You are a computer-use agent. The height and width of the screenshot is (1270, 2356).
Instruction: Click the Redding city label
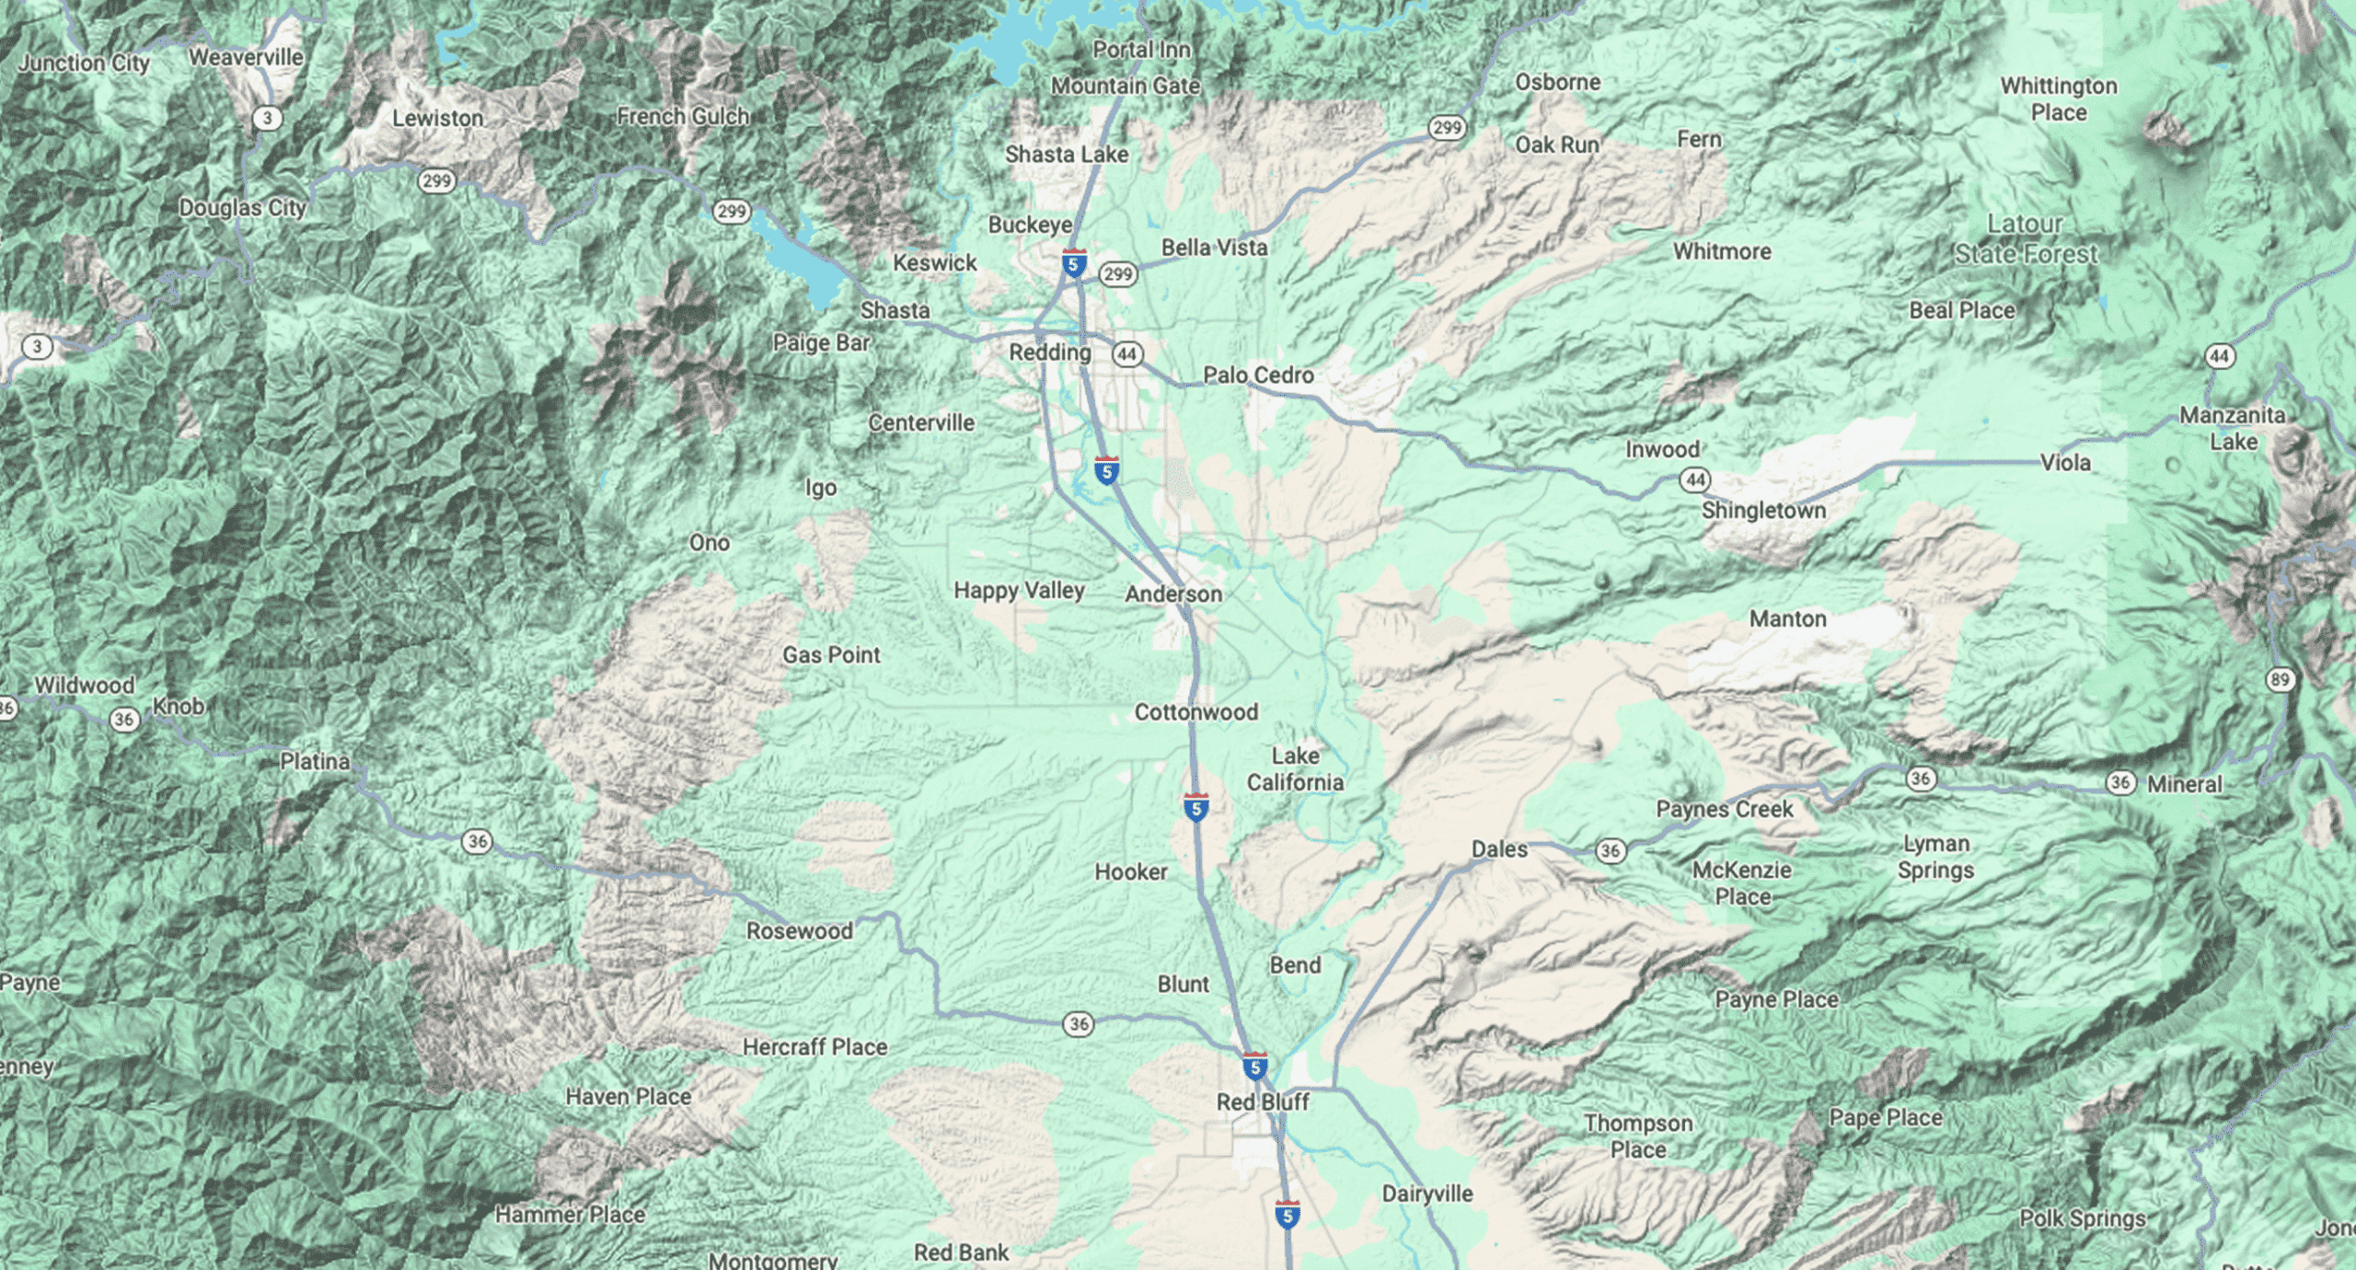coord(1049,352)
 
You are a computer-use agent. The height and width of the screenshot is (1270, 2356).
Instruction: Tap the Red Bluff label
coord(1262,1102)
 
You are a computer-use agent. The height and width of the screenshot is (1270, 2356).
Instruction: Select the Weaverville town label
coord(246,57)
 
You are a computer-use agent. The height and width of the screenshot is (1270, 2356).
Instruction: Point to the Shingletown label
coord(1762,511)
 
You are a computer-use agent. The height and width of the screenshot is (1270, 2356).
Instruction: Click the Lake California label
coord(1295,769)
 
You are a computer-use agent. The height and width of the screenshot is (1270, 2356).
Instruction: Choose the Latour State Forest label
coord(2026,239)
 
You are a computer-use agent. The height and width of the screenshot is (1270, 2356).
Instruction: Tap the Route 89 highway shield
coord(2279,680)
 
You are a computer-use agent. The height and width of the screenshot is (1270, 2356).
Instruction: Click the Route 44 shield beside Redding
coord(1126,353)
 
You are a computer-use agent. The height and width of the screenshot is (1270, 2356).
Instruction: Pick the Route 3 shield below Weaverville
coord(267,118)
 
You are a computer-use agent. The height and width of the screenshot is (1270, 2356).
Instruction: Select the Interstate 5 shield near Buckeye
coord(1073,263)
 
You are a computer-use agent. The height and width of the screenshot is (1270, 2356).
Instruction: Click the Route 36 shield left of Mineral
coord(2120,782)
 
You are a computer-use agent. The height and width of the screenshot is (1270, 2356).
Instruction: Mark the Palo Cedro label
coord(1258,375)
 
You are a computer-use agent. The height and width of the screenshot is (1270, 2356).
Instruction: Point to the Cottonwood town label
coord(1195,712)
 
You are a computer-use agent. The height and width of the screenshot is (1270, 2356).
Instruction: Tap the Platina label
coord(315,761)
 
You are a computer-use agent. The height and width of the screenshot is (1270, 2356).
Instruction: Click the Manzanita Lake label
coord(2233,429)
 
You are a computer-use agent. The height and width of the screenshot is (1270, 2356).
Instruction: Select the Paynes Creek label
coord(1724,810)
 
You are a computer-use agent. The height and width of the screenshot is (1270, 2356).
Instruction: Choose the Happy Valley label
coord(1019,591)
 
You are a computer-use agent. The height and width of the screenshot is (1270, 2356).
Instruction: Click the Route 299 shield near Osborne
coord(1447,127)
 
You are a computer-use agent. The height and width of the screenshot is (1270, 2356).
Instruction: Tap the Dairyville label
coord(1426,1194)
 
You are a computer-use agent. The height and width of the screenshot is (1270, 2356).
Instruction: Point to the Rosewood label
coord(799,931)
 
